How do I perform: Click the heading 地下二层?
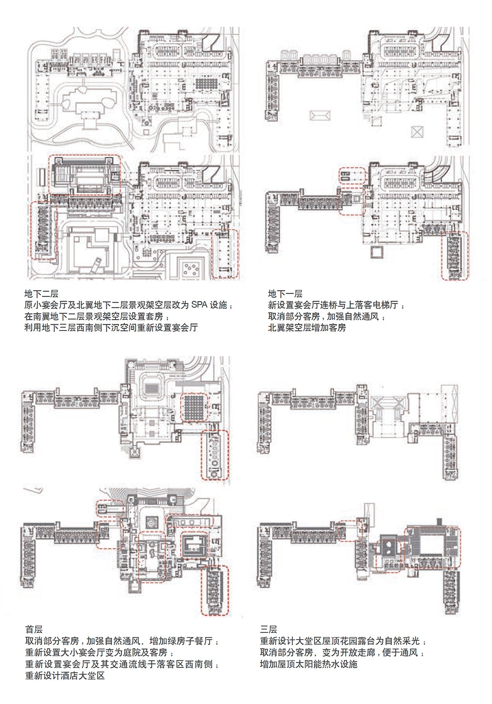41,294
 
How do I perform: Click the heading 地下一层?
285,294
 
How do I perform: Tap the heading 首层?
34,629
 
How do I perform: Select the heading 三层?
269,629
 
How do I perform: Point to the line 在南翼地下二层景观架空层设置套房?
94,316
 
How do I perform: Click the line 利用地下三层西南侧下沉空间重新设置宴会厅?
111,328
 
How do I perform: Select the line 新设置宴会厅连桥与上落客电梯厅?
336,305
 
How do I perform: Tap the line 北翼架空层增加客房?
307,328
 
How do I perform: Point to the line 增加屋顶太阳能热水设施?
308,664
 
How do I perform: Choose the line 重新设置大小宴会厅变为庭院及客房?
99,653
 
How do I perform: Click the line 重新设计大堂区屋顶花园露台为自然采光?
343,641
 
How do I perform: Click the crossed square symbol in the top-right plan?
418,132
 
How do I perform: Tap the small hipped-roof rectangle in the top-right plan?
319,116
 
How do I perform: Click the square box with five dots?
191,268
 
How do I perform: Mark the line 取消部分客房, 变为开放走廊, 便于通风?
342,653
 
